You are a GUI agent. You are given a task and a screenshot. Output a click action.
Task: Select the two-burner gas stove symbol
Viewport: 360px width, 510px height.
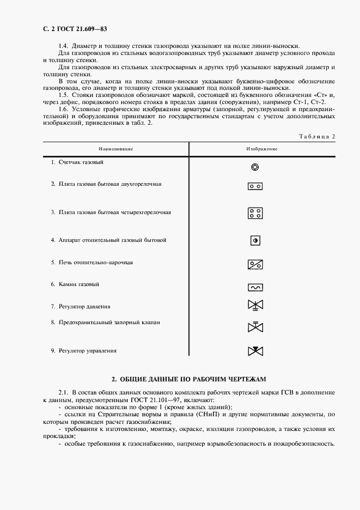(255, 186)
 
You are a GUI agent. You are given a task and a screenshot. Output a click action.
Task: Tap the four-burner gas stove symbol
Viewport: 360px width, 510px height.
(255, 212)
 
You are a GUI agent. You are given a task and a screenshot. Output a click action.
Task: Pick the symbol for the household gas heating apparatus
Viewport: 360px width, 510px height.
(255, 240)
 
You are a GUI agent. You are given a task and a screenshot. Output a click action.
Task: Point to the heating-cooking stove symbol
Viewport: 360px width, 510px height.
(255, 264)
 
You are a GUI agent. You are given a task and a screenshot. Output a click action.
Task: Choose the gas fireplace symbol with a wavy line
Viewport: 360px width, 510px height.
(255, 287)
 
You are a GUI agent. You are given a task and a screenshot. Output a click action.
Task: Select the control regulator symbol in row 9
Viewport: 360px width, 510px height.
(255, 350)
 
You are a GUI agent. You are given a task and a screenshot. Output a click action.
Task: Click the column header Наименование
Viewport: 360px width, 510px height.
(116, 149)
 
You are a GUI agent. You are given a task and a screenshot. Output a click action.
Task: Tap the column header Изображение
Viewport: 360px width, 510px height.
(262, 149)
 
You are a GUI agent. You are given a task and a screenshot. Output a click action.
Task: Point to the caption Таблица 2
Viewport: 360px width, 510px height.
(317, 136)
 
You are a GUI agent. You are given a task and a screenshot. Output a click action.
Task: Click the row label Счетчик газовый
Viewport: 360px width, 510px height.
(82, 162)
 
